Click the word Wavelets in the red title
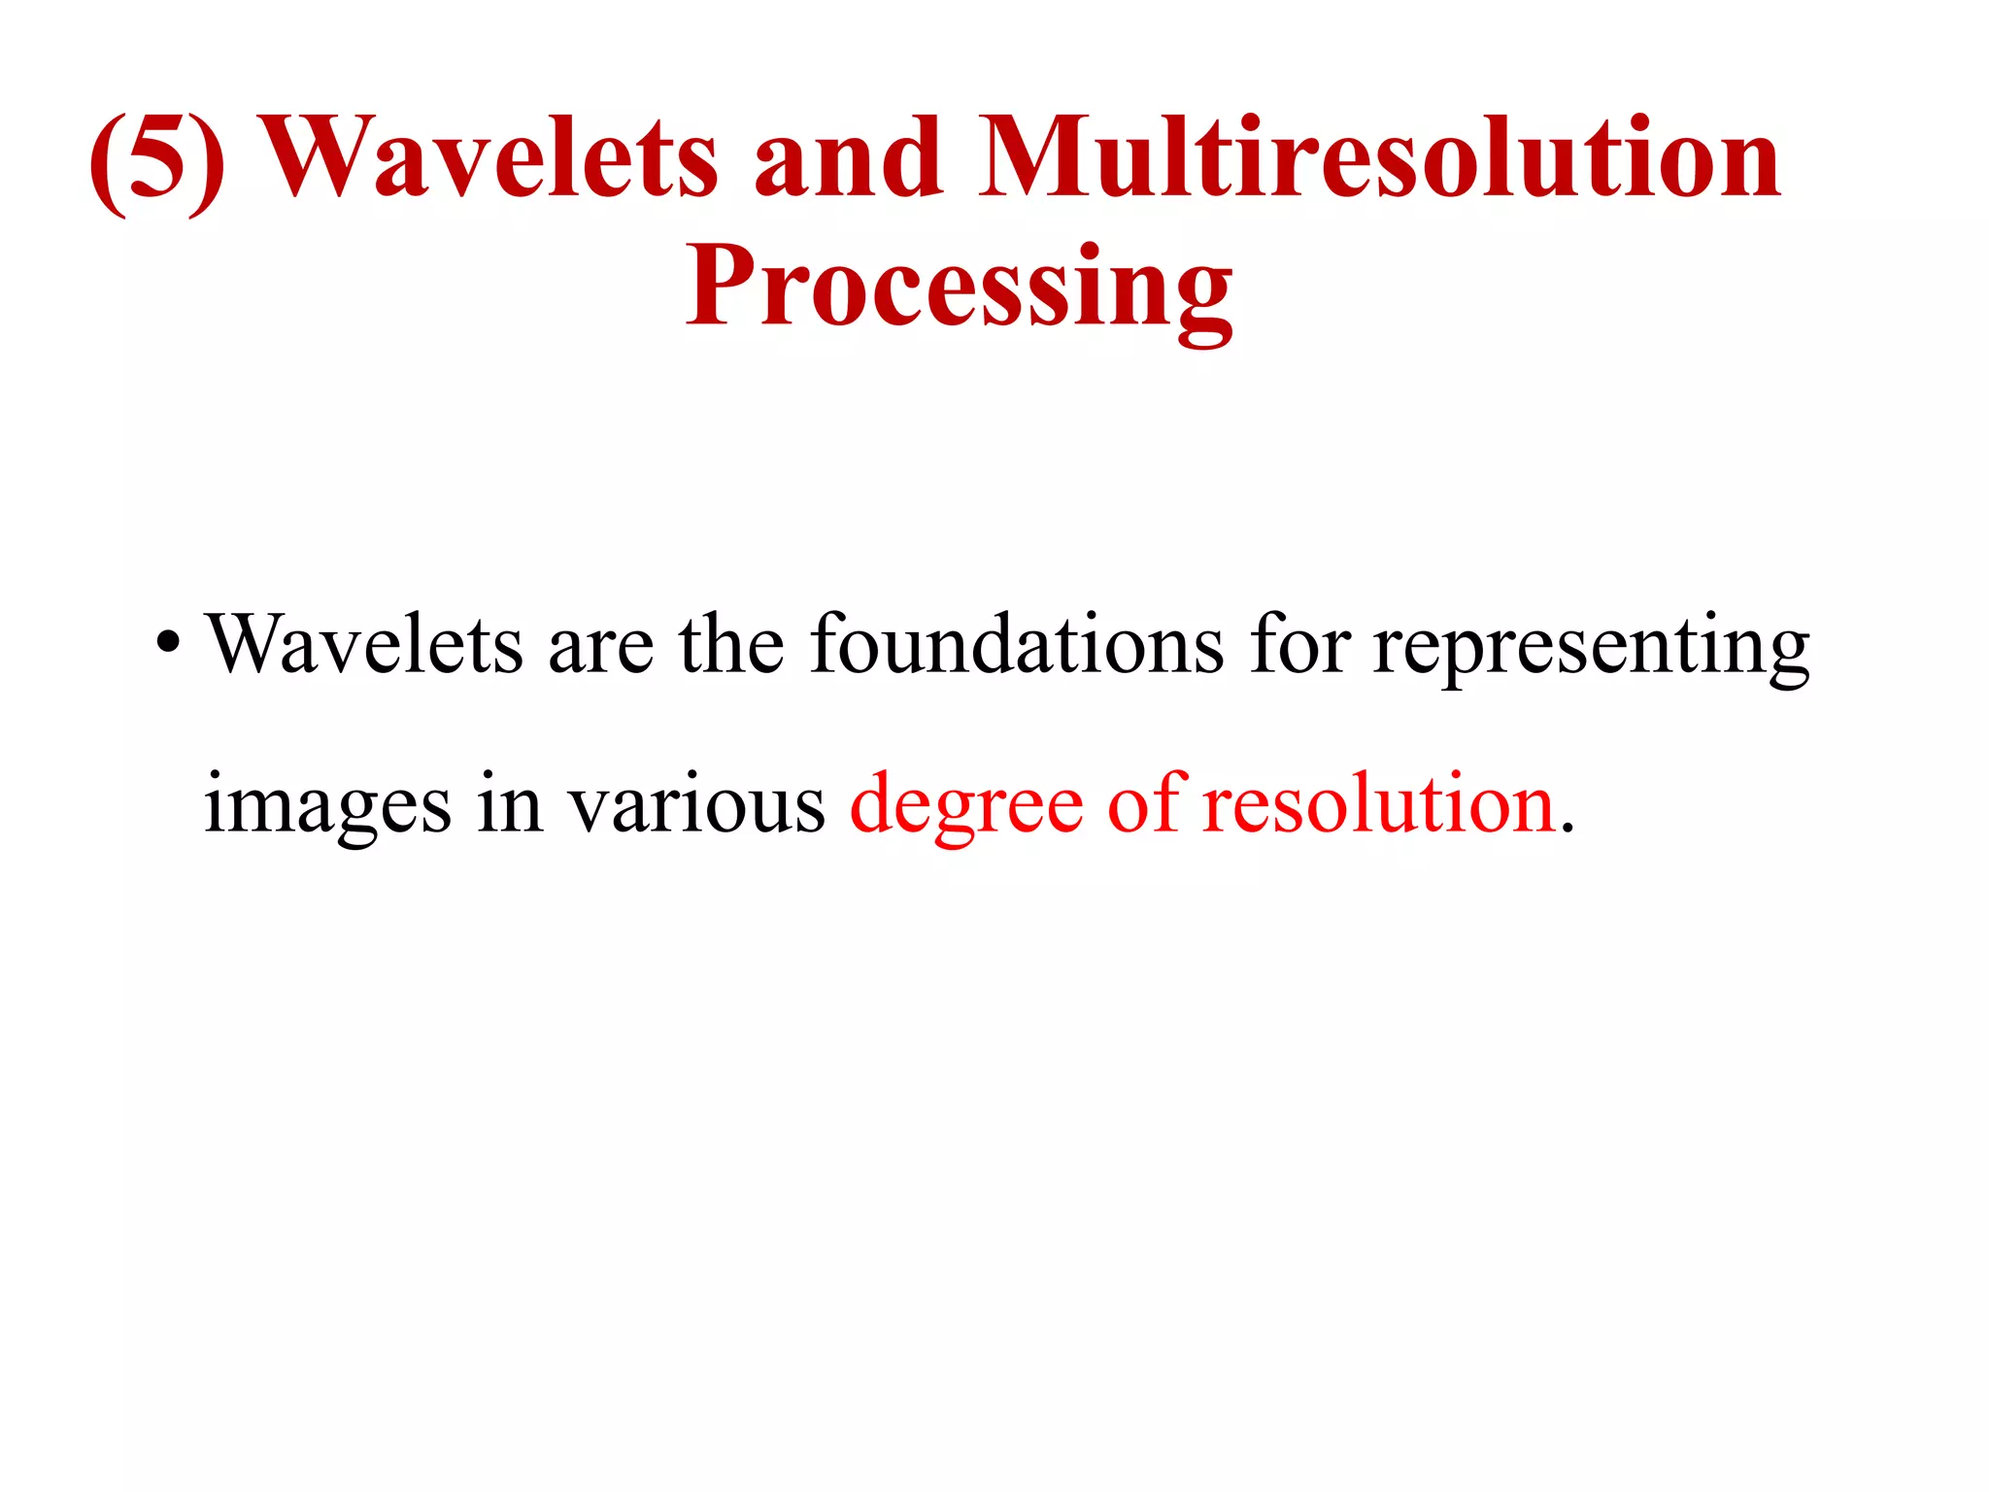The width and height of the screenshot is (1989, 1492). (x=490, y=157)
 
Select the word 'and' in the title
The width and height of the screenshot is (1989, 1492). (x=848, y=157)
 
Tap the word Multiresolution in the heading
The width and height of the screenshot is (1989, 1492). (x=1379, y=157)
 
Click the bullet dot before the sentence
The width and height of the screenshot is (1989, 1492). (x=168, y=644)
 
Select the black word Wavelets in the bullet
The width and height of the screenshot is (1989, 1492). (x=365, y=644)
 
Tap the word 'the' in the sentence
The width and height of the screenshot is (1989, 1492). (x=731, y=644)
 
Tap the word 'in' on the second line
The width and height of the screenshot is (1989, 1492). (x=510, y=804)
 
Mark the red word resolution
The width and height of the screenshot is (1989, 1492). (x=1379, y=804)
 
